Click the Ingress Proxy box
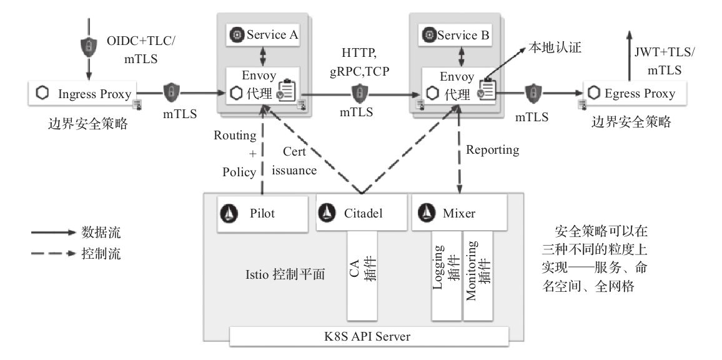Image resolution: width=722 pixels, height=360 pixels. pos(87,94)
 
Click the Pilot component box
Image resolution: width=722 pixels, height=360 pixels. pos(263,214)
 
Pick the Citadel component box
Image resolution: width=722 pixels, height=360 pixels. pos(359,214)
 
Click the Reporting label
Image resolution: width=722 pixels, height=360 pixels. pos(492,150)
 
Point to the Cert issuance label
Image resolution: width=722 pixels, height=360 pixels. pos(297,160)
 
